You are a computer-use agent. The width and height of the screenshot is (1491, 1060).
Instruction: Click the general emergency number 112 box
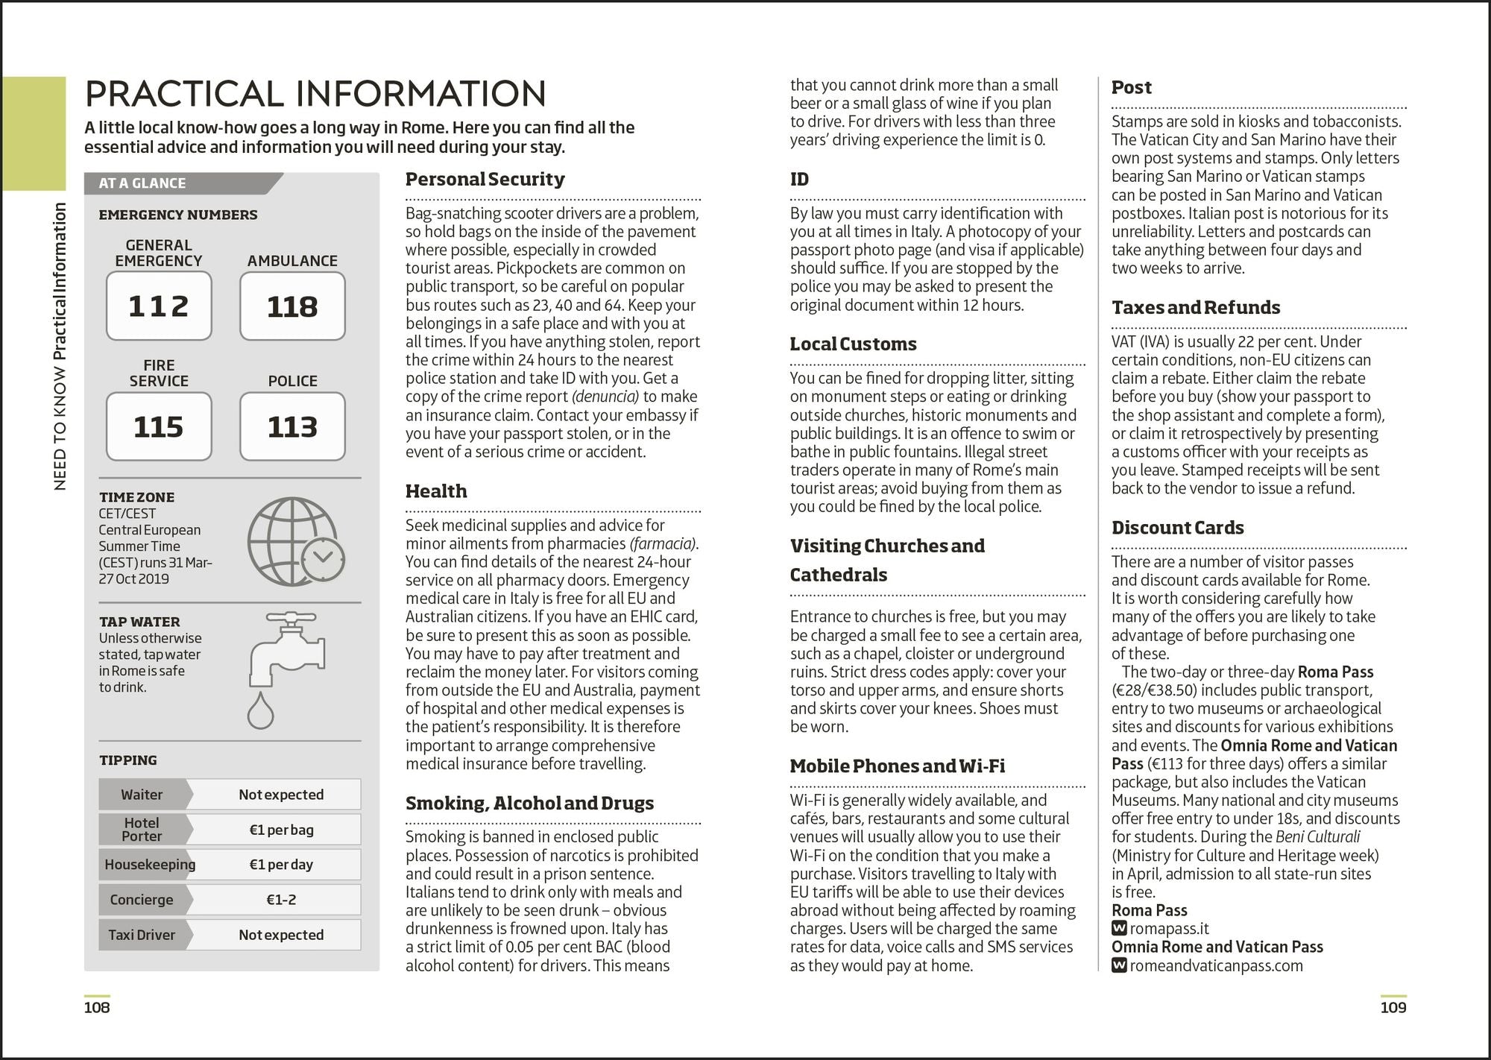[159, 306]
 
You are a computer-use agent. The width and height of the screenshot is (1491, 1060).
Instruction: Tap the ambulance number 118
[292, 306]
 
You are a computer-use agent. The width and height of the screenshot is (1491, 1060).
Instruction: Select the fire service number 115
[159, 426]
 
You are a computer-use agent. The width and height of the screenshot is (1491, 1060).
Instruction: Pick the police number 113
[292, 426]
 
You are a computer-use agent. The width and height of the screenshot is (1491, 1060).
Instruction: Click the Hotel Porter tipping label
[142, 830]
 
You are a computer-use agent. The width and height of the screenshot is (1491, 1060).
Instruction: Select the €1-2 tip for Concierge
[281, 900]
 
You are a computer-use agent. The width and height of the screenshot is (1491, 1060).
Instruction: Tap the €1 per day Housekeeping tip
[281, 865]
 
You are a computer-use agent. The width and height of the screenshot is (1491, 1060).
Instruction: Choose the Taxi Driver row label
[142, 935]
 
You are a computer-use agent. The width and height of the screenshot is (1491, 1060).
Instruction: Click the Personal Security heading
[485, 179]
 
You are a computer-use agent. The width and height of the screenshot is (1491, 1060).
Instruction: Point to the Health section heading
[436, 491]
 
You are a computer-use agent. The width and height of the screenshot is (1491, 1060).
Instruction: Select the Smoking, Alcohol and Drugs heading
[529, 803]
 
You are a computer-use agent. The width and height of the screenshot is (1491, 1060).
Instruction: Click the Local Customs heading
[853, 344]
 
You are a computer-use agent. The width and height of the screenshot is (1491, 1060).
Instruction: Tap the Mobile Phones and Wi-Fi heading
[897, 766]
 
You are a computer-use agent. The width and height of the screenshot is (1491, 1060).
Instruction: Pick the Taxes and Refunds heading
[1195, 307]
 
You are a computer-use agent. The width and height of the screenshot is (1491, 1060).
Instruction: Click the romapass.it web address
[1168, 929]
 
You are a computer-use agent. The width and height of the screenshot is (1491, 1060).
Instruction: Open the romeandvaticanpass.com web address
[1215, 965]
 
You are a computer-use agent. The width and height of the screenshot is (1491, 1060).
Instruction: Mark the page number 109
[1393, 1008]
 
